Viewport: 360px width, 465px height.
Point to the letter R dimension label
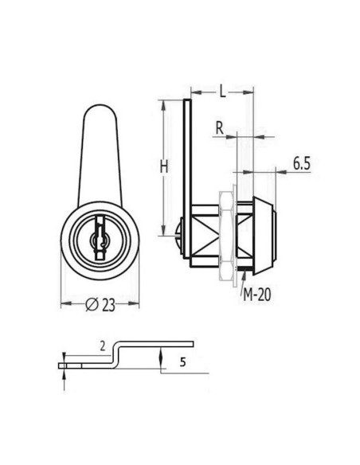click(218, 127)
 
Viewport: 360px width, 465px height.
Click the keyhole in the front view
click(100, 236)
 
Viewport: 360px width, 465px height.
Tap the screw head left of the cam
click(178, 232)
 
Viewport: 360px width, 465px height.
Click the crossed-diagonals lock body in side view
click(205, 232)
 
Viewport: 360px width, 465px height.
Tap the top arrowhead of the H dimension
click(162, 103)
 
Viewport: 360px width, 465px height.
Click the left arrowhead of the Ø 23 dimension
click(65, 303)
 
